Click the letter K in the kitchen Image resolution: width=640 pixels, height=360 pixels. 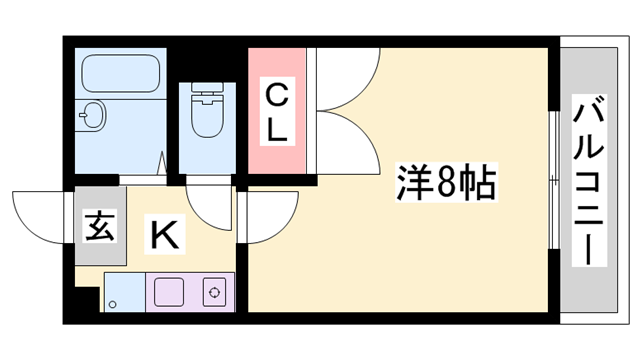165,236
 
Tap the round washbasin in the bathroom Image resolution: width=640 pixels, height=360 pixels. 92,116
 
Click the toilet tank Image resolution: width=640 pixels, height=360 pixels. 209,92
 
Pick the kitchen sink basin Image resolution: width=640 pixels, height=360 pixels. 168,293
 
